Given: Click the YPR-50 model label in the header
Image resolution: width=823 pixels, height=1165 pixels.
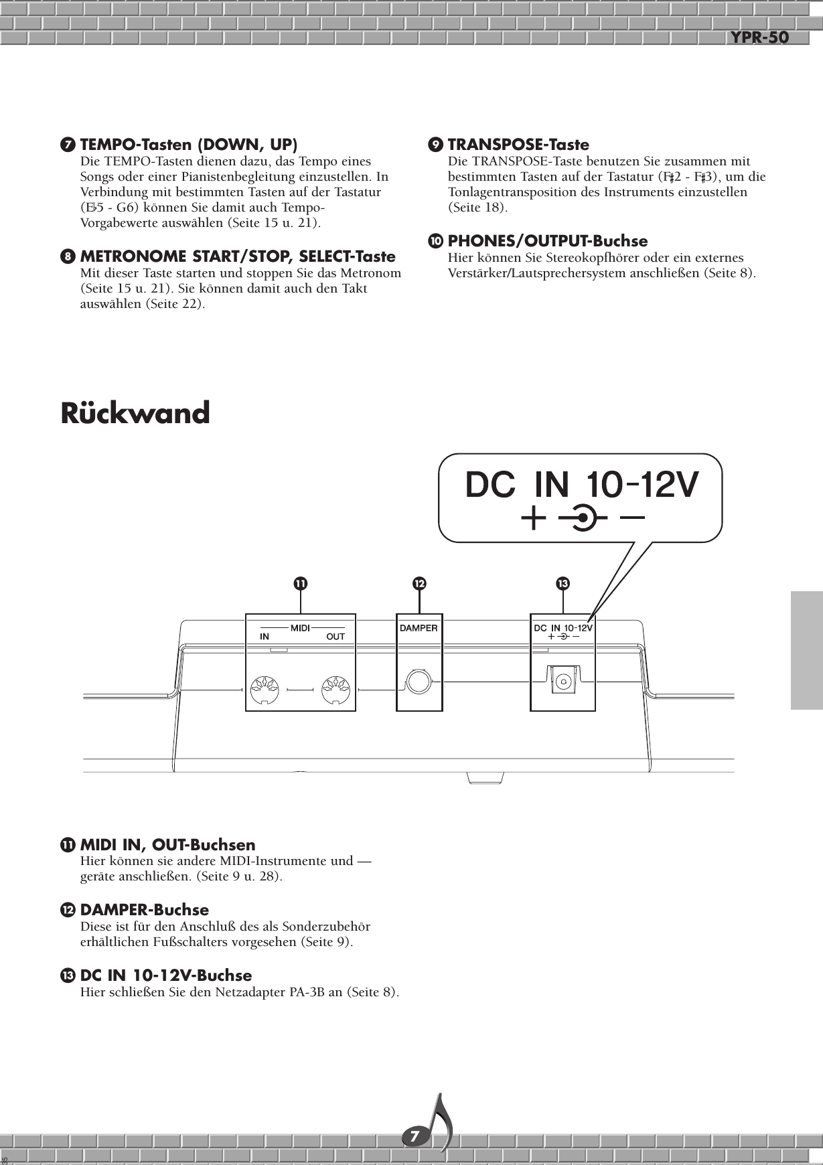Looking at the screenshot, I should coord(759,38).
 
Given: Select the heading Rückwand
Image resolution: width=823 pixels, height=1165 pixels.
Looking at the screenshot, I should coord(135,413).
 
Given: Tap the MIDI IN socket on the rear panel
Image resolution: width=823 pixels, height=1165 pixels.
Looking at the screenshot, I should coord(264,690).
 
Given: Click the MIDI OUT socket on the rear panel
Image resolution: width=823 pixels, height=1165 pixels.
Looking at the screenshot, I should coord(335,690).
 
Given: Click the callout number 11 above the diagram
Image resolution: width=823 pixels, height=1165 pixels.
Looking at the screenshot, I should coord(301,584).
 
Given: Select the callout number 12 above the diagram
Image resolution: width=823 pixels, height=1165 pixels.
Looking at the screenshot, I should coord(419,584).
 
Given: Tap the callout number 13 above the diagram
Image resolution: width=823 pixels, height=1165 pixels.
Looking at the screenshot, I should coord(563,584).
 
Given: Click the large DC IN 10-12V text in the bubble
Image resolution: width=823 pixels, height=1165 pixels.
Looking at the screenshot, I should coord(582,485).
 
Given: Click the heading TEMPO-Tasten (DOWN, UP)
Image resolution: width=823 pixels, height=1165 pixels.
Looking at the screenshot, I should coord(189,145).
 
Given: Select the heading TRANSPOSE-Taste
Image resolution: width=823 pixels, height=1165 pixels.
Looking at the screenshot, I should coord(518,145).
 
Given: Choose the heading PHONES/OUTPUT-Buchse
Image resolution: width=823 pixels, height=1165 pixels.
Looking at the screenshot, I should coord(547,241).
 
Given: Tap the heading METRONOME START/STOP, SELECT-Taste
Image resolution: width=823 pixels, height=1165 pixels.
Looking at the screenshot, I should coord(237,257).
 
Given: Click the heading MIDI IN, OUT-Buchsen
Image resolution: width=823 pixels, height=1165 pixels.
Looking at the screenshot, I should coord(167,846).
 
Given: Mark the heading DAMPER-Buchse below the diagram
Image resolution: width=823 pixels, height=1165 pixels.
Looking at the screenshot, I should coord(144,911).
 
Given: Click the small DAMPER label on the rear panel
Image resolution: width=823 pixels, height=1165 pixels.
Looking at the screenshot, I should coord(419,628).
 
